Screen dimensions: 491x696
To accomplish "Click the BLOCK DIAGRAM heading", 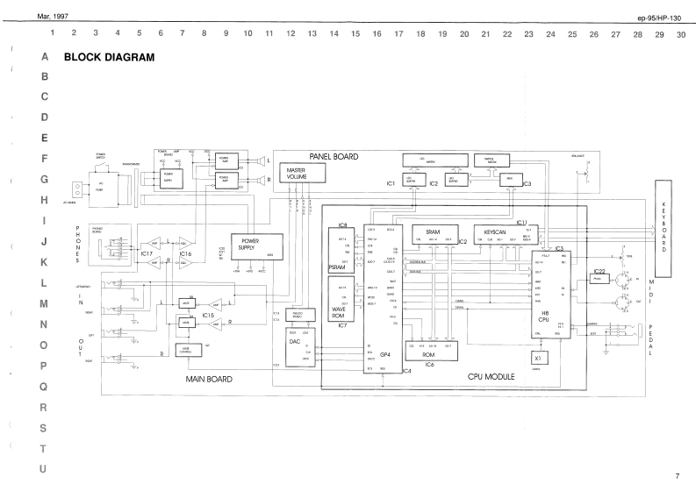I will (x=110, y=57).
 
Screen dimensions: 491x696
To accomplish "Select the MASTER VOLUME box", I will (x=296, y=173).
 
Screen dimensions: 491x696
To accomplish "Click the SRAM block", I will (x=432, y=234).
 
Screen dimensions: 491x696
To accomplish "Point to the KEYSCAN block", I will (x=492, y=234).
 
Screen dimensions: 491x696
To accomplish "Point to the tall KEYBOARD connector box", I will (x=664, y=228).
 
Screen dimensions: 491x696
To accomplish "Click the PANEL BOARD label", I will (x=334, y=156).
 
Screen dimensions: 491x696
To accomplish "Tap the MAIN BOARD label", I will (x=209, y=380).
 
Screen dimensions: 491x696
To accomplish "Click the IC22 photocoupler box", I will (x=599, y=280).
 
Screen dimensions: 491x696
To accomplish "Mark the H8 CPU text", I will (x=545, y=317).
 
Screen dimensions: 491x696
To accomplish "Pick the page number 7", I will (x=677, y=476).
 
